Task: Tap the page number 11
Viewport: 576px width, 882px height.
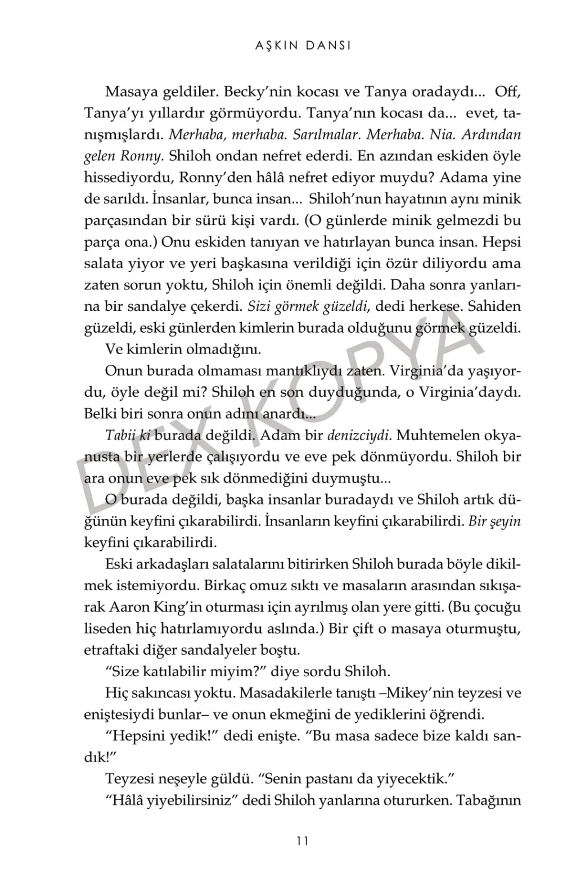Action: click(301, 841)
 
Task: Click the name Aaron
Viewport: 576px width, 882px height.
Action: click(129, 607)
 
